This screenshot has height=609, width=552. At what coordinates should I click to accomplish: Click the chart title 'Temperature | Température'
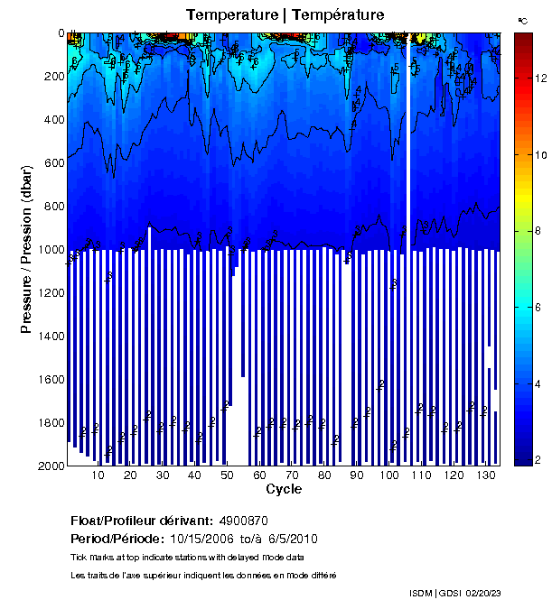285,14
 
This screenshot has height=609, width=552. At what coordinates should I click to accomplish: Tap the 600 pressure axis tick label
53,163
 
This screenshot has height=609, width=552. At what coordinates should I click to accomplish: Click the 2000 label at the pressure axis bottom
51,466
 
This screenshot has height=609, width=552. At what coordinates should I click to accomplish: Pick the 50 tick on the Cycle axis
227,475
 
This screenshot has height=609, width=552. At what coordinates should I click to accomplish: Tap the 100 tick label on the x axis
389,475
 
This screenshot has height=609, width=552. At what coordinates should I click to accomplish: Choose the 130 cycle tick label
486,475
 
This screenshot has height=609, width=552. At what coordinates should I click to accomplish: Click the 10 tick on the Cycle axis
98,475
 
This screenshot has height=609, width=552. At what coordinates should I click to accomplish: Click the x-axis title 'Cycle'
284,490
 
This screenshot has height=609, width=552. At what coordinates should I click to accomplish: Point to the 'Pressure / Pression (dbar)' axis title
26,249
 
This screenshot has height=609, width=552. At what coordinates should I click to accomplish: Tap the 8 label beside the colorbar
538,232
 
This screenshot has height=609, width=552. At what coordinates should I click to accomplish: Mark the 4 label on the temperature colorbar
538,384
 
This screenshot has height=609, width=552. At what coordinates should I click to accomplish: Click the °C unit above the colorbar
522,19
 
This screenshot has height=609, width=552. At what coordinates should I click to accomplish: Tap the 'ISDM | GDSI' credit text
435,593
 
